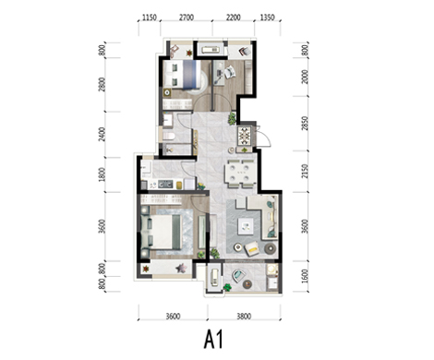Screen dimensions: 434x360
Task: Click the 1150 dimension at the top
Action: tap(150, 18)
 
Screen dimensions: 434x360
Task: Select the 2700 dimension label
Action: tap(187, 18)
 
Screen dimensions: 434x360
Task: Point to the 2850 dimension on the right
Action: tap(305, 123)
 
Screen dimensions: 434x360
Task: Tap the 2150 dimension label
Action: tap(305, 171)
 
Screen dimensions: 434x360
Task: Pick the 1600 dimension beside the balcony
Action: tap(305, 276)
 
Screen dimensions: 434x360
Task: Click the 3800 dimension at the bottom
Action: tap(244, 316)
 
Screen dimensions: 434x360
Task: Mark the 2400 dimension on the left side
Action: tap(102, 135)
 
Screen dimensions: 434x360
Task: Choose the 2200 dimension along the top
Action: tap(234, 18)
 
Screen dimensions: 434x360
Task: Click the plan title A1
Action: tap(213, 340)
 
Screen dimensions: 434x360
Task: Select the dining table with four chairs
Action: tap(240, 174)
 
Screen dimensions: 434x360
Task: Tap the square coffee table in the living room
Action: tap(246, 226)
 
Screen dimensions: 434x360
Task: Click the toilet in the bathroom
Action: tap(169, 136)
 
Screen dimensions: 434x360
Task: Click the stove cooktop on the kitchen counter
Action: tap(165, 185)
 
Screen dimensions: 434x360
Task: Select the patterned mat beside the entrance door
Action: tap(245, 136)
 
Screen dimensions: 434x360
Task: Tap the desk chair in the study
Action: tap(230, 73)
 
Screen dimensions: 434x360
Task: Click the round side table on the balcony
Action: tap(247, 284)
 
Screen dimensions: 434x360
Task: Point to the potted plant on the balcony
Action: tap(227, 287)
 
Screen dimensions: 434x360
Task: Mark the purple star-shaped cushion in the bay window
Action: tap(181, 269)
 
